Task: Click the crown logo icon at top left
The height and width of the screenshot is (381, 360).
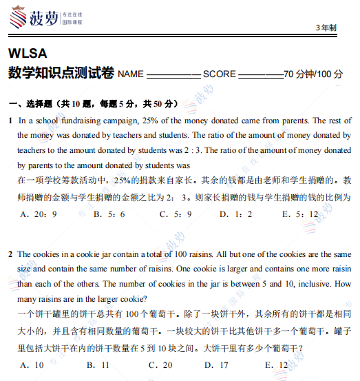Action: [17, 15]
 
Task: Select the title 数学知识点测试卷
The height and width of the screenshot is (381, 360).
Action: [61, 73]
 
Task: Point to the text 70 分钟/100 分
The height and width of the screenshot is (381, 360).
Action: [313, 74]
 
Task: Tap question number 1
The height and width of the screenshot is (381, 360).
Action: [10, 120]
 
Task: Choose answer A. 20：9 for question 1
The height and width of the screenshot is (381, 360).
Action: [39, 214]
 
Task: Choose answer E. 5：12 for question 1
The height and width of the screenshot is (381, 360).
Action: [300, 214]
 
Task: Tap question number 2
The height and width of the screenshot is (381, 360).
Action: [10, 254]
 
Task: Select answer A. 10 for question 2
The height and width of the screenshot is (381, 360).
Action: [32, 365]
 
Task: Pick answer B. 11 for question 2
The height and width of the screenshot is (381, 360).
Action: [97, 365]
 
